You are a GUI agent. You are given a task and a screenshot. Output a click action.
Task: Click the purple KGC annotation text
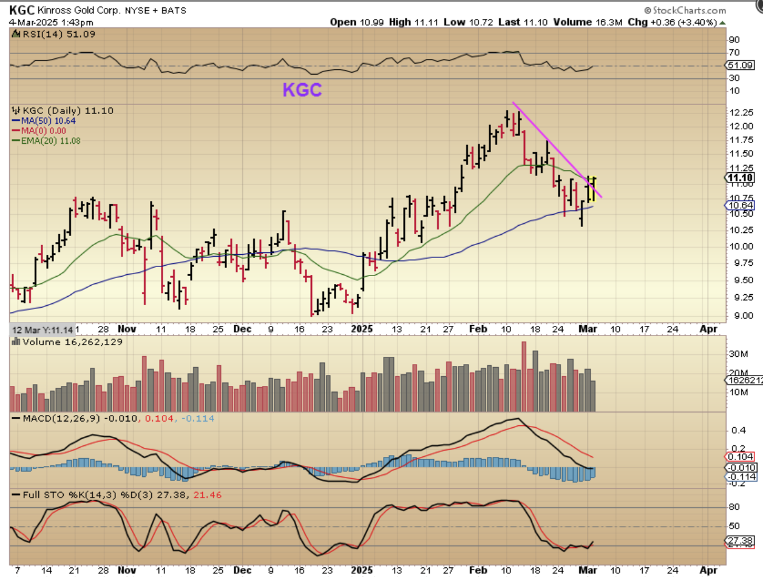302,90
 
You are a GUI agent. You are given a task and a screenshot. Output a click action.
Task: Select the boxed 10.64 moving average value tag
739,206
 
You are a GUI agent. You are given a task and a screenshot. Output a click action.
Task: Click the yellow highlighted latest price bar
591,189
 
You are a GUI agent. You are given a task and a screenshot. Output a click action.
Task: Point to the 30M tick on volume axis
737,353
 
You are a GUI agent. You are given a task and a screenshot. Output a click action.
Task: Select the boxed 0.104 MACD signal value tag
741,456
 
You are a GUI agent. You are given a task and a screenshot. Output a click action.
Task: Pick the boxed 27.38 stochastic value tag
741,541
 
